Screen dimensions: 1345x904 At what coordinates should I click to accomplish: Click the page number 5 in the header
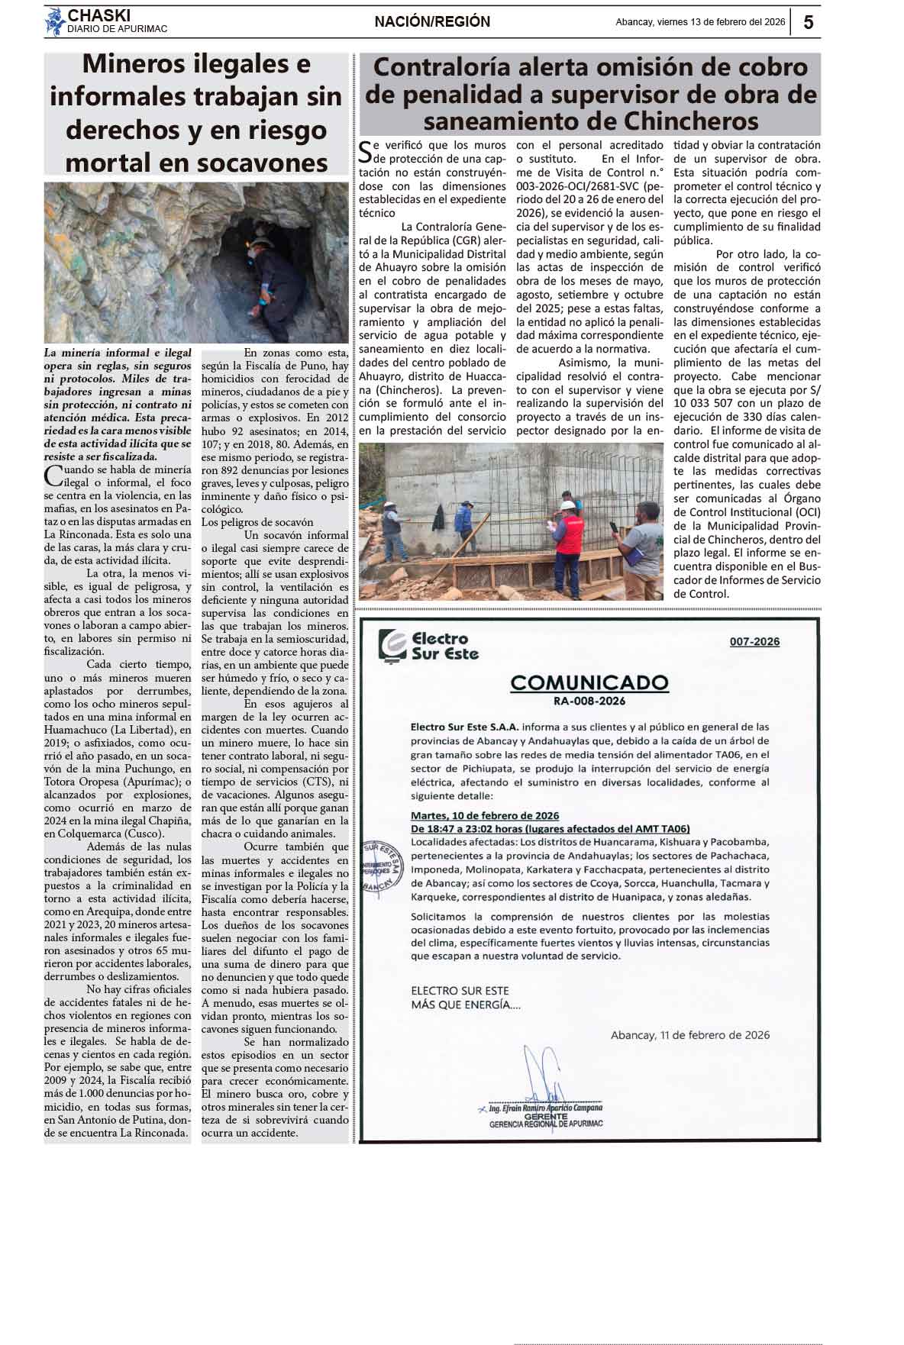[808, 22]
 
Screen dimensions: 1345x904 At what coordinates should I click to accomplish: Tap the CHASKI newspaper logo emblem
[55, 21]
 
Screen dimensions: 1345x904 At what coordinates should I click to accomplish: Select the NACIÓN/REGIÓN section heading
[432, 22]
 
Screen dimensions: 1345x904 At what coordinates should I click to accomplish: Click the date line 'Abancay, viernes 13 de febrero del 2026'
[700, 22]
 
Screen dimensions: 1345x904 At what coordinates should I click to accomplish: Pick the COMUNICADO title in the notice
[589, 682]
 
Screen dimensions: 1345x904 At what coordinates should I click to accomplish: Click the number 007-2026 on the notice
[754, 641]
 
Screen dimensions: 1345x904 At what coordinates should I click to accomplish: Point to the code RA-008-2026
[589, 701]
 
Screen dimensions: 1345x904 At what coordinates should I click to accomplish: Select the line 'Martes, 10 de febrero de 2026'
[485, 815]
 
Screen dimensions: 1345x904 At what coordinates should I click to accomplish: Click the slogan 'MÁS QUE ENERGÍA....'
[466, 1005]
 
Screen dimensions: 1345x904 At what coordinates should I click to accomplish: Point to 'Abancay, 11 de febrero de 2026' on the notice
[689, 1035]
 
